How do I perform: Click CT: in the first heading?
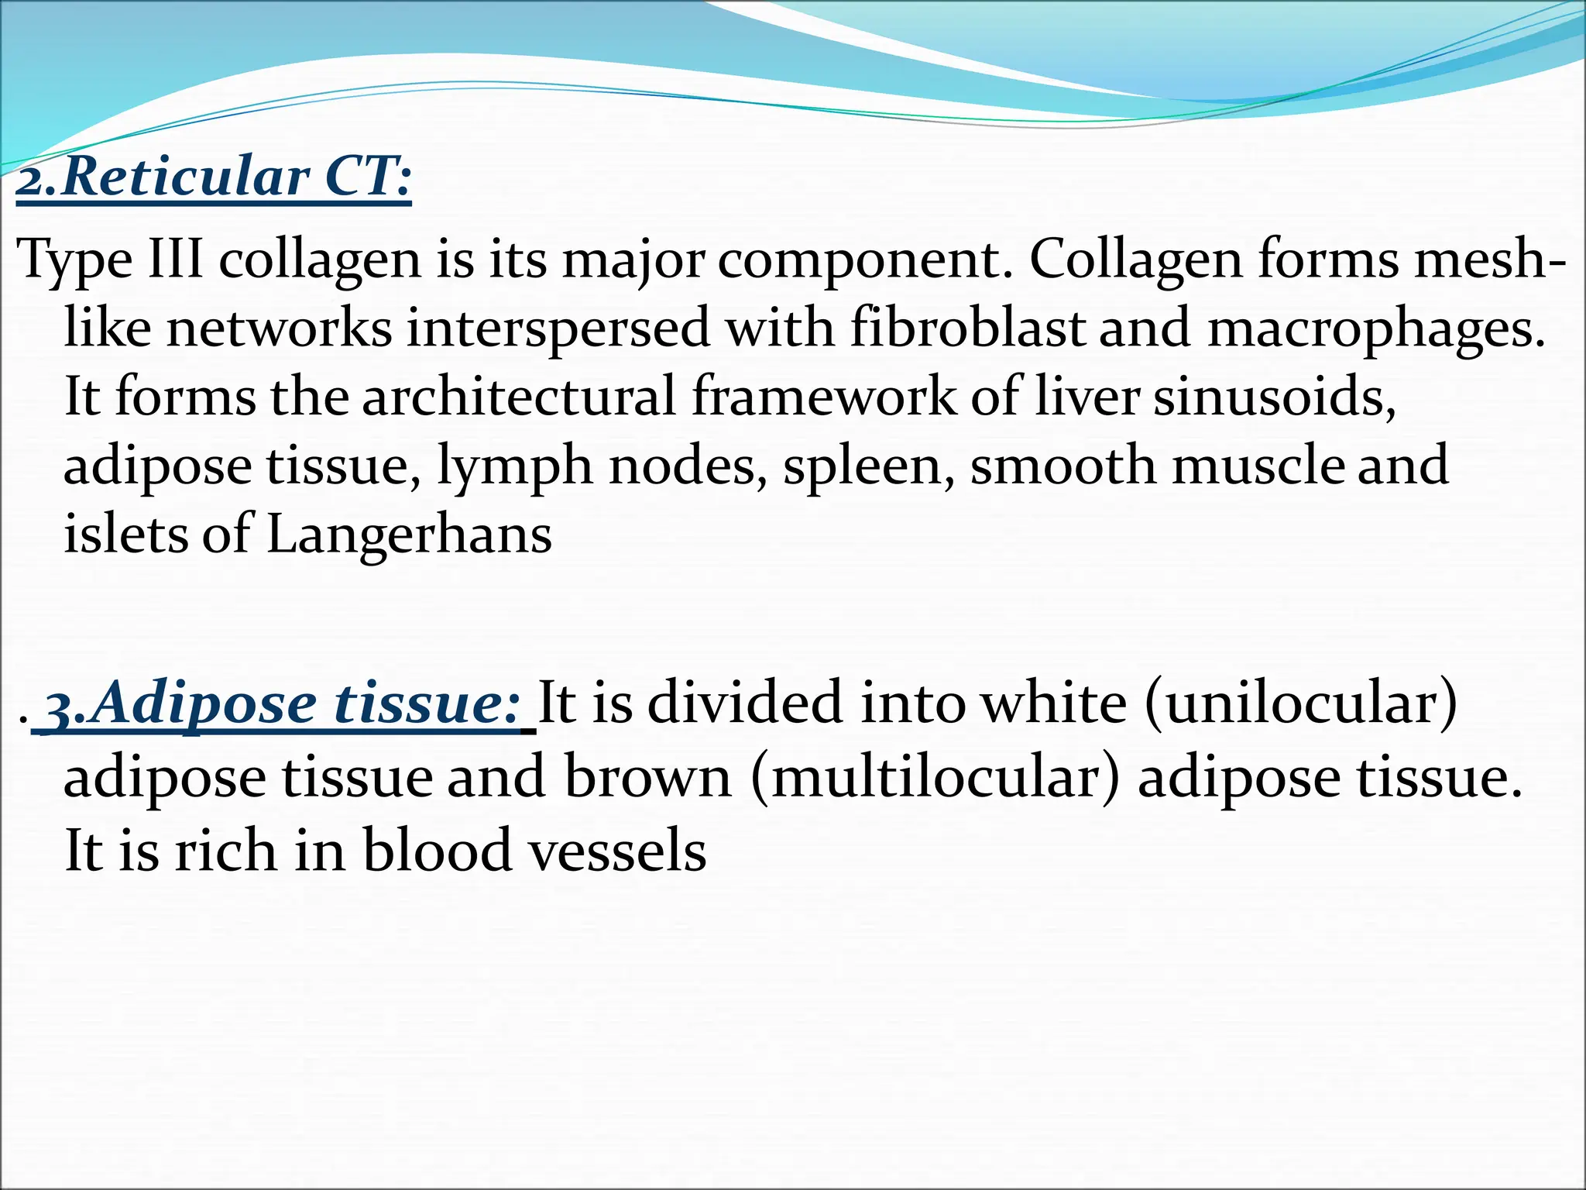click(x=367, y=177)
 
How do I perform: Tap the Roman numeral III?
click(x=175, y=259)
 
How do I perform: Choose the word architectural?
click(x=519, y=396)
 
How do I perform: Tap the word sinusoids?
click(x=1275, y=396)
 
